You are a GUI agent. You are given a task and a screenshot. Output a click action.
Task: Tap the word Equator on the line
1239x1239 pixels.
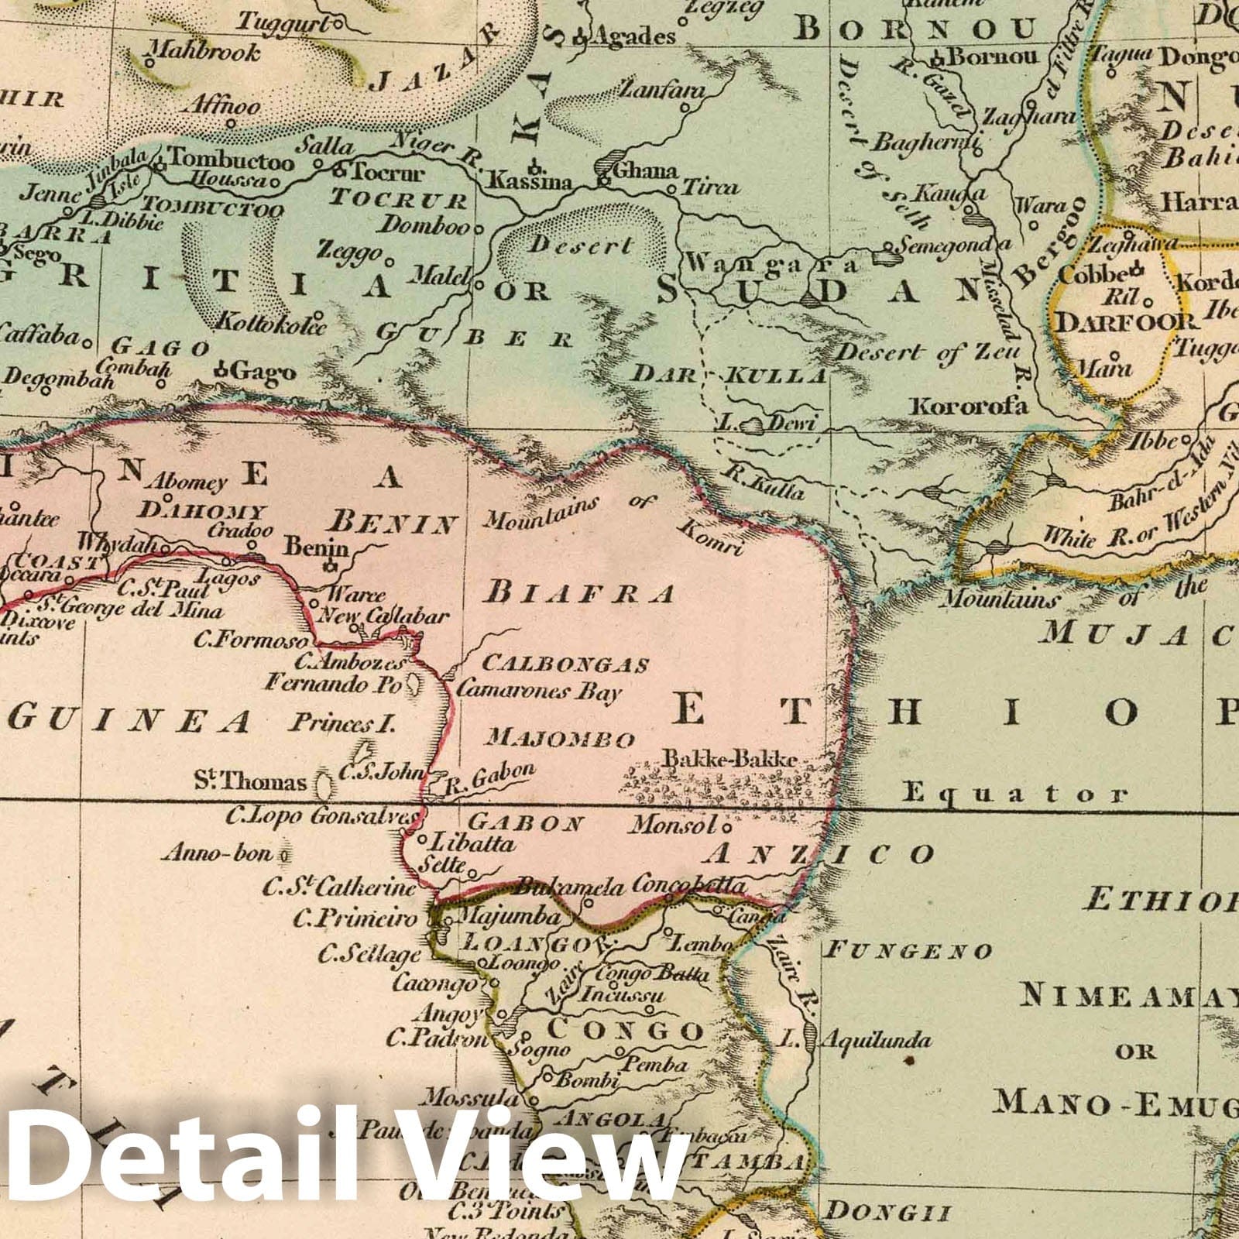tap(1015, 793)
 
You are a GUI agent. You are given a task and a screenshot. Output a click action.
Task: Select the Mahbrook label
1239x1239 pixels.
tap(204, 53)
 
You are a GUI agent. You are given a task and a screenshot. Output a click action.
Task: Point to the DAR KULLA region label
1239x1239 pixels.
tap(730, 376)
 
